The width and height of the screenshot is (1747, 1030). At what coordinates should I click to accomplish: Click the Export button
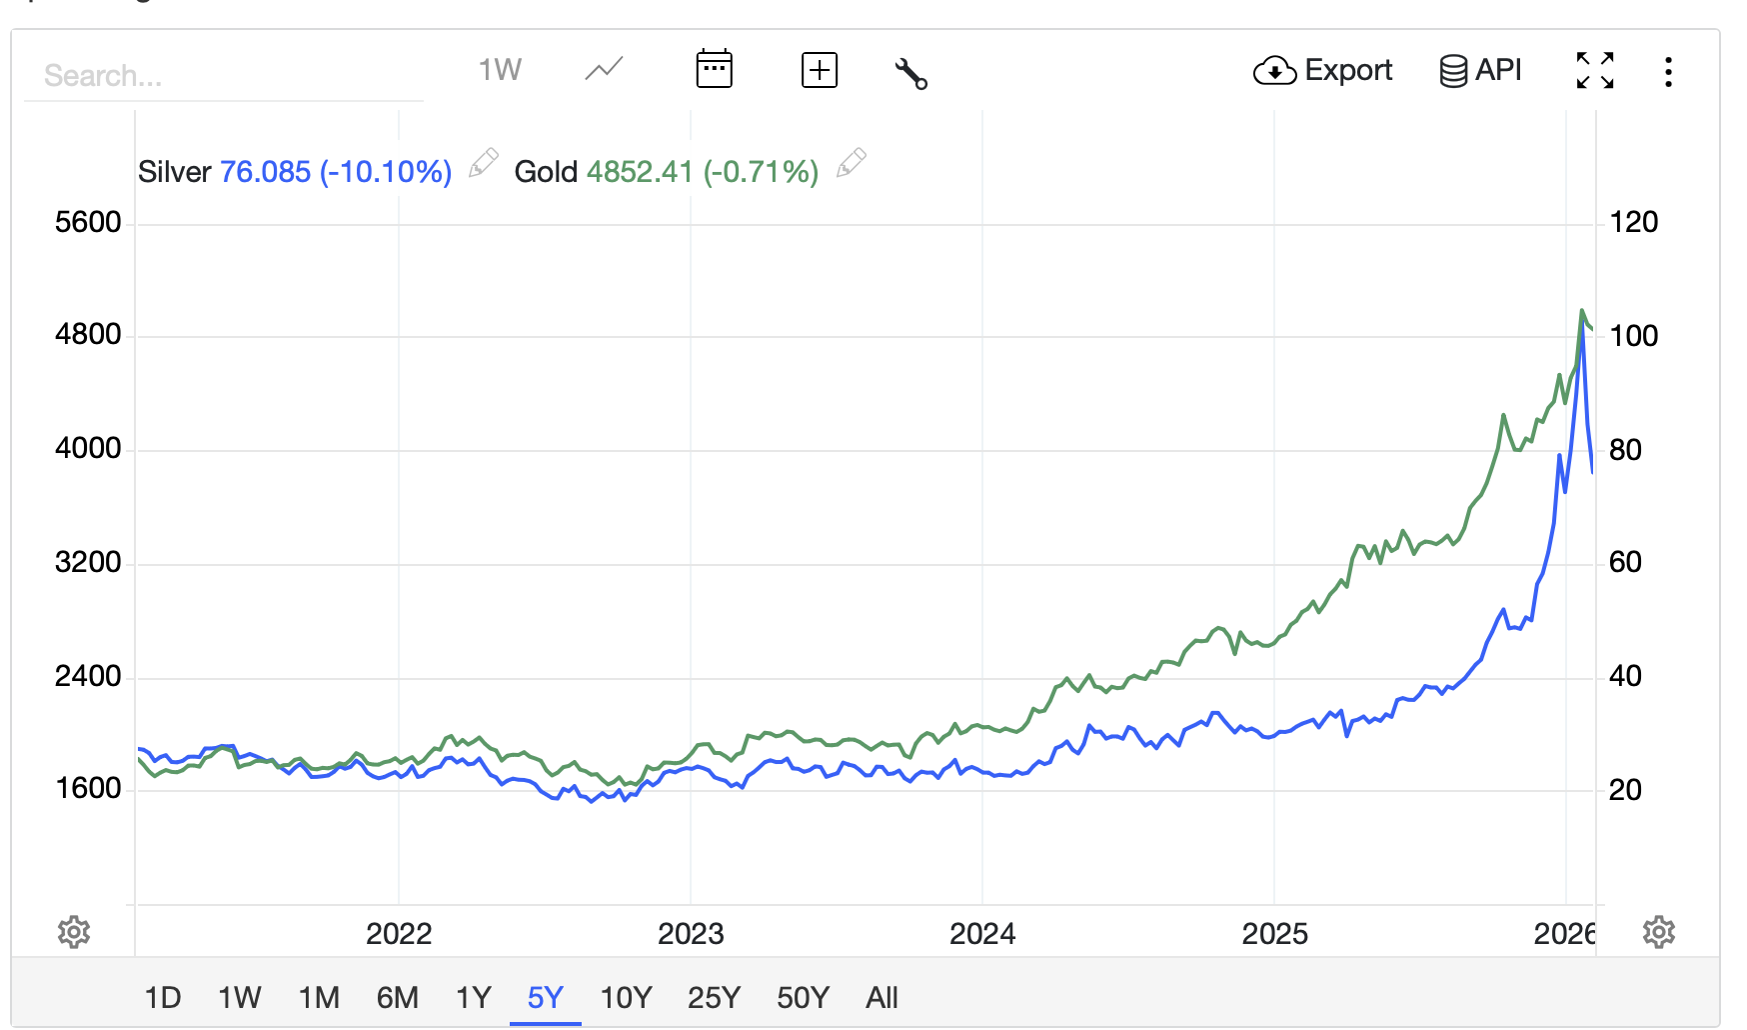point(1322,71)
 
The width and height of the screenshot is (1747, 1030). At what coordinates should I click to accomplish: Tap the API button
point(1480,71)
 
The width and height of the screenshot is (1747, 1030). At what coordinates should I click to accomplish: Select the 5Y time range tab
point(546,997)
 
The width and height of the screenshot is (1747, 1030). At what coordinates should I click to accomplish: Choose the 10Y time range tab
point(626,997)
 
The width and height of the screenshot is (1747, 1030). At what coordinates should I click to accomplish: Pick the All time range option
point(881,997)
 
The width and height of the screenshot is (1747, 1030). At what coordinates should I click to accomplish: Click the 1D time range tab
point(163,997)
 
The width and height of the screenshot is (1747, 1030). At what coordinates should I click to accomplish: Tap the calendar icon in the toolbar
point(714,69)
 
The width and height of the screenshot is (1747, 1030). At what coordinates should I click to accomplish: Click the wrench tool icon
point(910,73)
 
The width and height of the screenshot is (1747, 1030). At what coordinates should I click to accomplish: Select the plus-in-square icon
point(820,70)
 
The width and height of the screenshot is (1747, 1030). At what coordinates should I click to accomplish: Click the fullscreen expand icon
point(1595,70)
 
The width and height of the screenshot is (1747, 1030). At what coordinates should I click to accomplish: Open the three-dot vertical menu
point(1668,71)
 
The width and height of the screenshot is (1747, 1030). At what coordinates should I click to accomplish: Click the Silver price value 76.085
point(266,172)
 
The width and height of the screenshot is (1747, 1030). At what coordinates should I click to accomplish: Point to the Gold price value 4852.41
point(640,172)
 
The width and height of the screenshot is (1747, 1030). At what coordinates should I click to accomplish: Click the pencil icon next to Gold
point(852,162)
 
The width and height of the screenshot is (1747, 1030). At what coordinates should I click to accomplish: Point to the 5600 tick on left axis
point(88,222)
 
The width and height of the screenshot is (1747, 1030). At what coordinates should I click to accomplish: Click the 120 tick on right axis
point(1633,222)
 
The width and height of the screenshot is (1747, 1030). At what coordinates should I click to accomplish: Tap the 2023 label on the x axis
point(691,934)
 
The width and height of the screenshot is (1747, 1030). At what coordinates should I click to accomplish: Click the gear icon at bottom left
point(74,932)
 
